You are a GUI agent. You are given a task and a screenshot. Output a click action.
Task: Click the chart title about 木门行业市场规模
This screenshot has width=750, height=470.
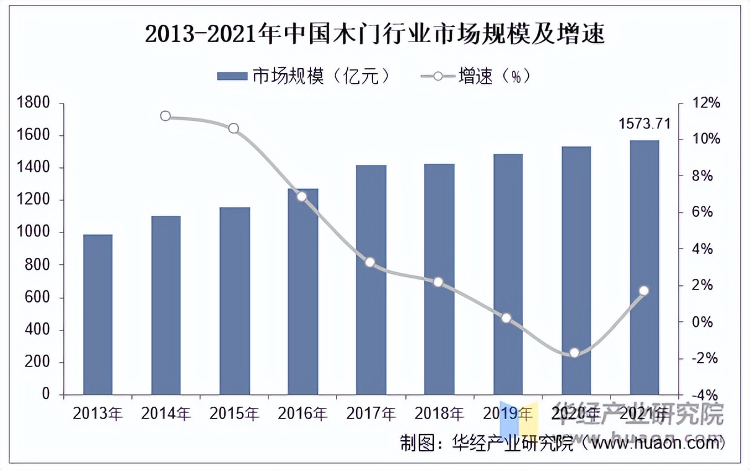click(x=374, y=33)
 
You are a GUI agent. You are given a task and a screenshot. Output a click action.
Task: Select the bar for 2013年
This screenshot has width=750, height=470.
click(x=98, y=314)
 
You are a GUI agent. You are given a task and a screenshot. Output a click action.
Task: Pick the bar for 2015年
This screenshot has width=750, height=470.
click(x=234, y=301)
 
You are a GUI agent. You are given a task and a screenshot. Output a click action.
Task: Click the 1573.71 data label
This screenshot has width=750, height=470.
click(x=645, y=124)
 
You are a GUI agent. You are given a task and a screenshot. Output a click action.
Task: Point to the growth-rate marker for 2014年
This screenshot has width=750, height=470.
click(x=165, y=116)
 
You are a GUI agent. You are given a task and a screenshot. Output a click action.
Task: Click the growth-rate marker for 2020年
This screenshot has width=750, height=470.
click(x=575, y=353)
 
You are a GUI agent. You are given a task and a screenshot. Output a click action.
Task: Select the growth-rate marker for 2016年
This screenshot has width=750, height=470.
click(x=302, y=197)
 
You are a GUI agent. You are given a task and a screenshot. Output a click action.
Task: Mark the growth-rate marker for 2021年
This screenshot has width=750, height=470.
click(x=643, y=291)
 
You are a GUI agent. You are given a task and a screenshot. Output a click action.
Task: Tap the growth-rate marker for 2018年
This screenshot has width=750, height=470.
click(x=438, y=282)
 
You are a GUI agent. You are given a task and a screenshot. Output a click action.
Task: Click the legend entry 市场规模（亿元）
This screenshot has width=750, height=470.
click(x=304, y=76)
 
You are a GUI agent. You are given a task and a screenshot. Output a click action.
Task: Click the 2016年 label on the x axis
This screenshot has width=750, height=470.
click(x=302, y=413)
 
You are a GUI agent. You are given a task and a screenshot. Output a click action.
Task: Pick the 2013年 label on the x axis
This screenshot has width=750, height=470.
click(x=98, y=413)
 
